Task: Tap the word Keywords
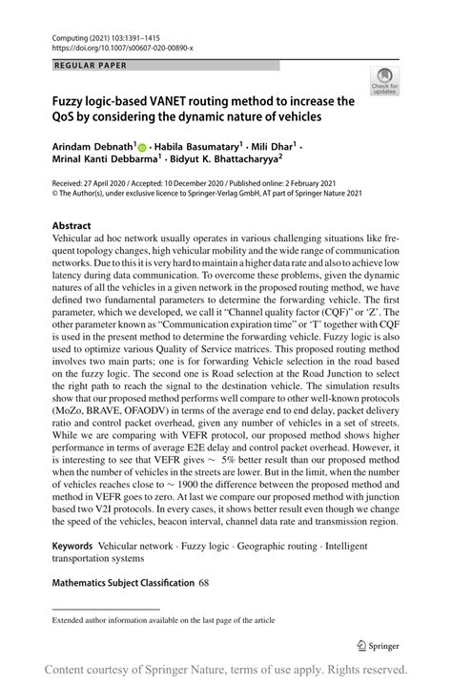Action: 79,549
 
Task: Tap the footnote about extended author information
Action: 165,620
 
